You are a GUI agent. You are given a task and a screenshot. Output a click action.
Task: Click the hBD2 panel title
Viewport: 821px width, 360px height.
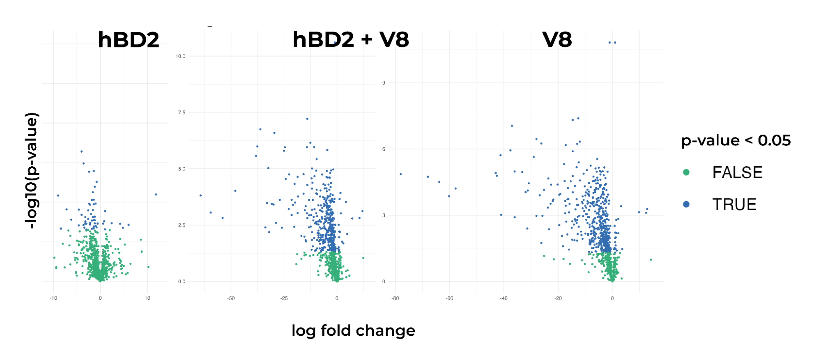pos(128,40)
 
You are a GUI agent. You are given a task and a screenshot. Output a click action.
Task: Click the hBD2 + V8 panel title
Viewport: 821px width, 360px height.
pos(350,40)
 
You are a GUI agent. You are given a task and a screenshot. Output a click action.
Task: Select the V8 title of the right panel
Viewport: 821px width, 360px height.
pos(557,40)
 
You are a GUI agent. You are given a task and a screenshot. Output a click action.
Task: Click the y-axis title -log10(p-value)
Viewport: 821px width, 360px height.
pos(32,170)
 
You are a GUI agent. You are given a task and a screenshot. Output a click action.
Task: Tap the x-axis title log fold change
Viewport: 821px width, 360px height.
pos(353,330)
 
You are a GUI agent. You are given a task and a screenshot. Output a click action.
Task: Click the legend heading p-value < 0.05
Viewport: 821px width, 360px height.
pos(736,140)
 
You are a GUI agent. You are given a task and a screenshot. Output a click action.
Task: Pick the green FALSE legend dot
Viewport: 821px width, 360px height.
pos(686,172)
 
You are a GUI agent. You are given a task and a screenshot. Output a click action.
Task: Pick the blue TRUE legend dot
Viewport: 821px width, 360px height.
pos(686,204)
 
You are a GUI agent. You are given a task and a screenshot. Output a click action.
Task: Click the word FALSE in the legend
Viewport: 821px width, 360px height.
pos(737,172)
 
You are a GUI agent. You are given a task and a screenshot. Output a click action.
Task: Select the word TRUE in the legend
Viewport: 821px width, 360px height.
pos(734,204)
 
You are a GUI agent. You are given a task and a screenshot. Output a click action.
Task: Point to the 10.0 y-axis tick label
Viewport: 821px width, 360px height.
pos(180,56)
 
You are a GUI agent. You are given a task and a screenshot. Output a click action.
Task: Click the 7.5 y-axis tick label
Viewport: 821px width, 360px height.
pos(182,112)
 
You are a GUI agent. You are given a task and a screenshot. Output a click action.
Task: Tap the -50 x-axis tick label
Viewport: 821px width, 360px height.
pos(231,298)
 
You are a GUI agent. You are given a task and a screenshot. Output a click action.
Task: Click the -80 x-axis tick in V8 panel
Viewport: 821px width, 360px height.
pos(395,298)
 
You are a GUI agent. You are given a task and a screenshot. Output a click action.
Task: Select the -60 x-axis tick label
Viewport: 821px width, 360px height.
pos(449,298)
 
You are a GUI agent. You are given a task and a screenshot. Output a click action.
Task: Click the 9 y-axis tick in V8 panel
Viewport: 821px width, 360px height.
pos(384,83)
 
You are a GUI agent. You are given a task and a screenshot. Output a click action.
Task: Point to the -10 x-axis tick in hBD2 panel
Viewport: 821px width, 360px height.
pos(53,298)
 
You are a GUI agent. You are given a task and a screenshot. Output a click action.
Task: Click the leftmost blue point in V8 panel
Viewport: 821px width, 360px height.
pos(400,174)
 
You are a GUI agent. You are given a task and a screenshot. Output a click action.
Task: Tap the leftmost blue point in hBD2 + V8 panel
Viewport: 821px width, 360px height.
pos(200,195)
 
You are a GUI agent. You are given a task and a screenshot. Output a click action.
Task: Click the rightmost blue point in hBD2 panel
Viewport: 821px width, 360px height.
pos(156,194)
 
